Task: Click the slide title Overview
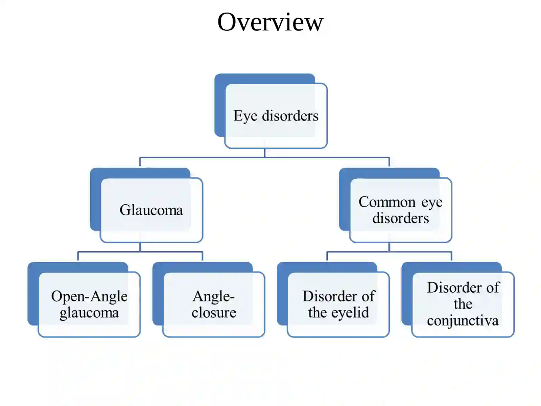point(270,22)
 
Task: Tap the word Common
point(387,202)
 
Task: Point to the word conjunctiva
point(463,321)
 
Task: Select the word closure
point(214,313)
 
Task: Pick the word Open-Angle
point(89,297)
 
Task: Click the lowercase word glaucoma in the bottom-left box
point(89,313)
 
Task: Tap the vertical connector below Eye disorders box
point(264,153)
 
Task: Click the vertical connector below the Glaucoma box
point(140,247)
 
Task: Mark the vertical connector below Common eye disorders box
point(389,247)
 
